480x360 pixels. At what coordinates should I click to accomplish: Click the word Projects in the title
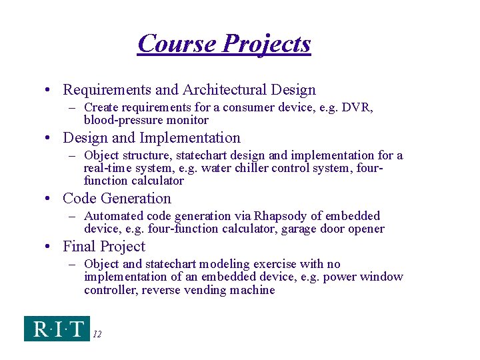[x=267, y=44]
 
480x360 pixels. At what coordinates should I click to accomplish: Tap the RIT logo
[x=57, y=329]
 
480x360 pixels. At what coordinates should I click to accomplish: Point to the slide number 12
[x=97, y=334]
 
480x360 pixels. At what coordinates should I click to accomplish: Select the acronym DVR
[x=359, y=107]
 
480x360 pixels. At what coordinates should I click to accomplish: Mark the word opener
[x=366, y=229]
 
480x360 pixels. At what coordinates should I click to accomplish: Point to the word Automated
[x=114, y=216]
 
